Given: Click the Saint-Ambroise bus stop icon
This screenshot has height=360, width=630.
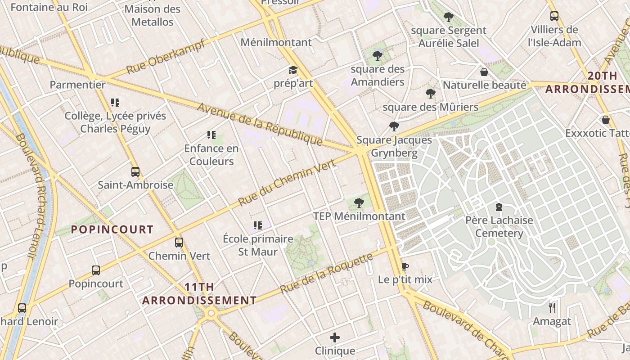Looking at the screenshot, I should pyautogui.click(x=135, y=172).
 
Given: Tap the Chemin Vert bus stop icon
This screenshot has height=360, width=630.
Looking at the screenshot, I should pyautogui.click(x=179, y=243).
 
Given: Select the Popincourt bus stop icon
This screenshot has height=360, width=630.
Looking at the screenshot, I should pyautogui.click(x=96, y=270).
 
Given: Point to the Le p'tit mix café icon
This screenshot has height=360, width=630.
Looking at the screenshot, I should pyautogui.click(x=405, y=266).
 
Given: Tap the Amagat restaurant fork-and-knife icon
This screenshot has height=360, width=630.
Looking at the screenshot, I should pyautogui.click(x=552, y=308).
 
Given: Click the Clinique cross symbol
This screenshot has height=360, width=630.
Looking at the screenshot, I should pyautogui.click(x=335, y=337).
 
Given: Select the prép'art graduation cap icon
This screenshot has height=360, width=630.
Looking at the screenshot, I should pyautogui.click(x=293, y=70).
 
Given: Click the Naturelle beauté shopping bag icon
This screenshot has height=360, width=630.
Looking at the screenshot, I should pyautogui.click(x=484, y=72).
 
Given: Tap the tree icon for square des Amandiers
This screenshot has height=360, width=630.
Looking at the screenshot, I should pyautogui.click(x=378, y=56).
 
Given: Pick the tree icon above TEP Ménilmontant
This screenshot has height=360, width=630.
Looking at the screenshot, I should pyautogui.click(x=359, y=203).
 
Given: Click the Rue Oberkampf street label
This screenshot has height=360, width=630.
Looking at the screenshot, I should pyautogui.click(x=165, y=57).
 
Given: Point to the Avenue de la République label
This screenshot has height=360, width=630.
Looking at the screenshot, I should pyautogui.click(x=260, y=125).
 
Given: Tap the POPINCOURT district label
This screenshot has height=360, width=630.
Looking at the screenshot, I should pyautogui.click(x=112, y=229).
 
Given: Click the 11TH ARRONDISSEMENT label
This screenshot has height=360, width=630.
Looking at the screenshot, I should pyautogui.click(x=199, y=294).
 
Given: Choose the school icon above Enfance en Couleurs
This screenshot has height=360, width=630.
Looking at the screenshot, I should pyautogui.click(x=211, y=135).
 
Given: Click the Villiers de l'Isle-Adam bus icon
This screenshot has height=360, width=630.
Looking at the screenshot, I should pyautogui.click(x=554, y=16).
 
